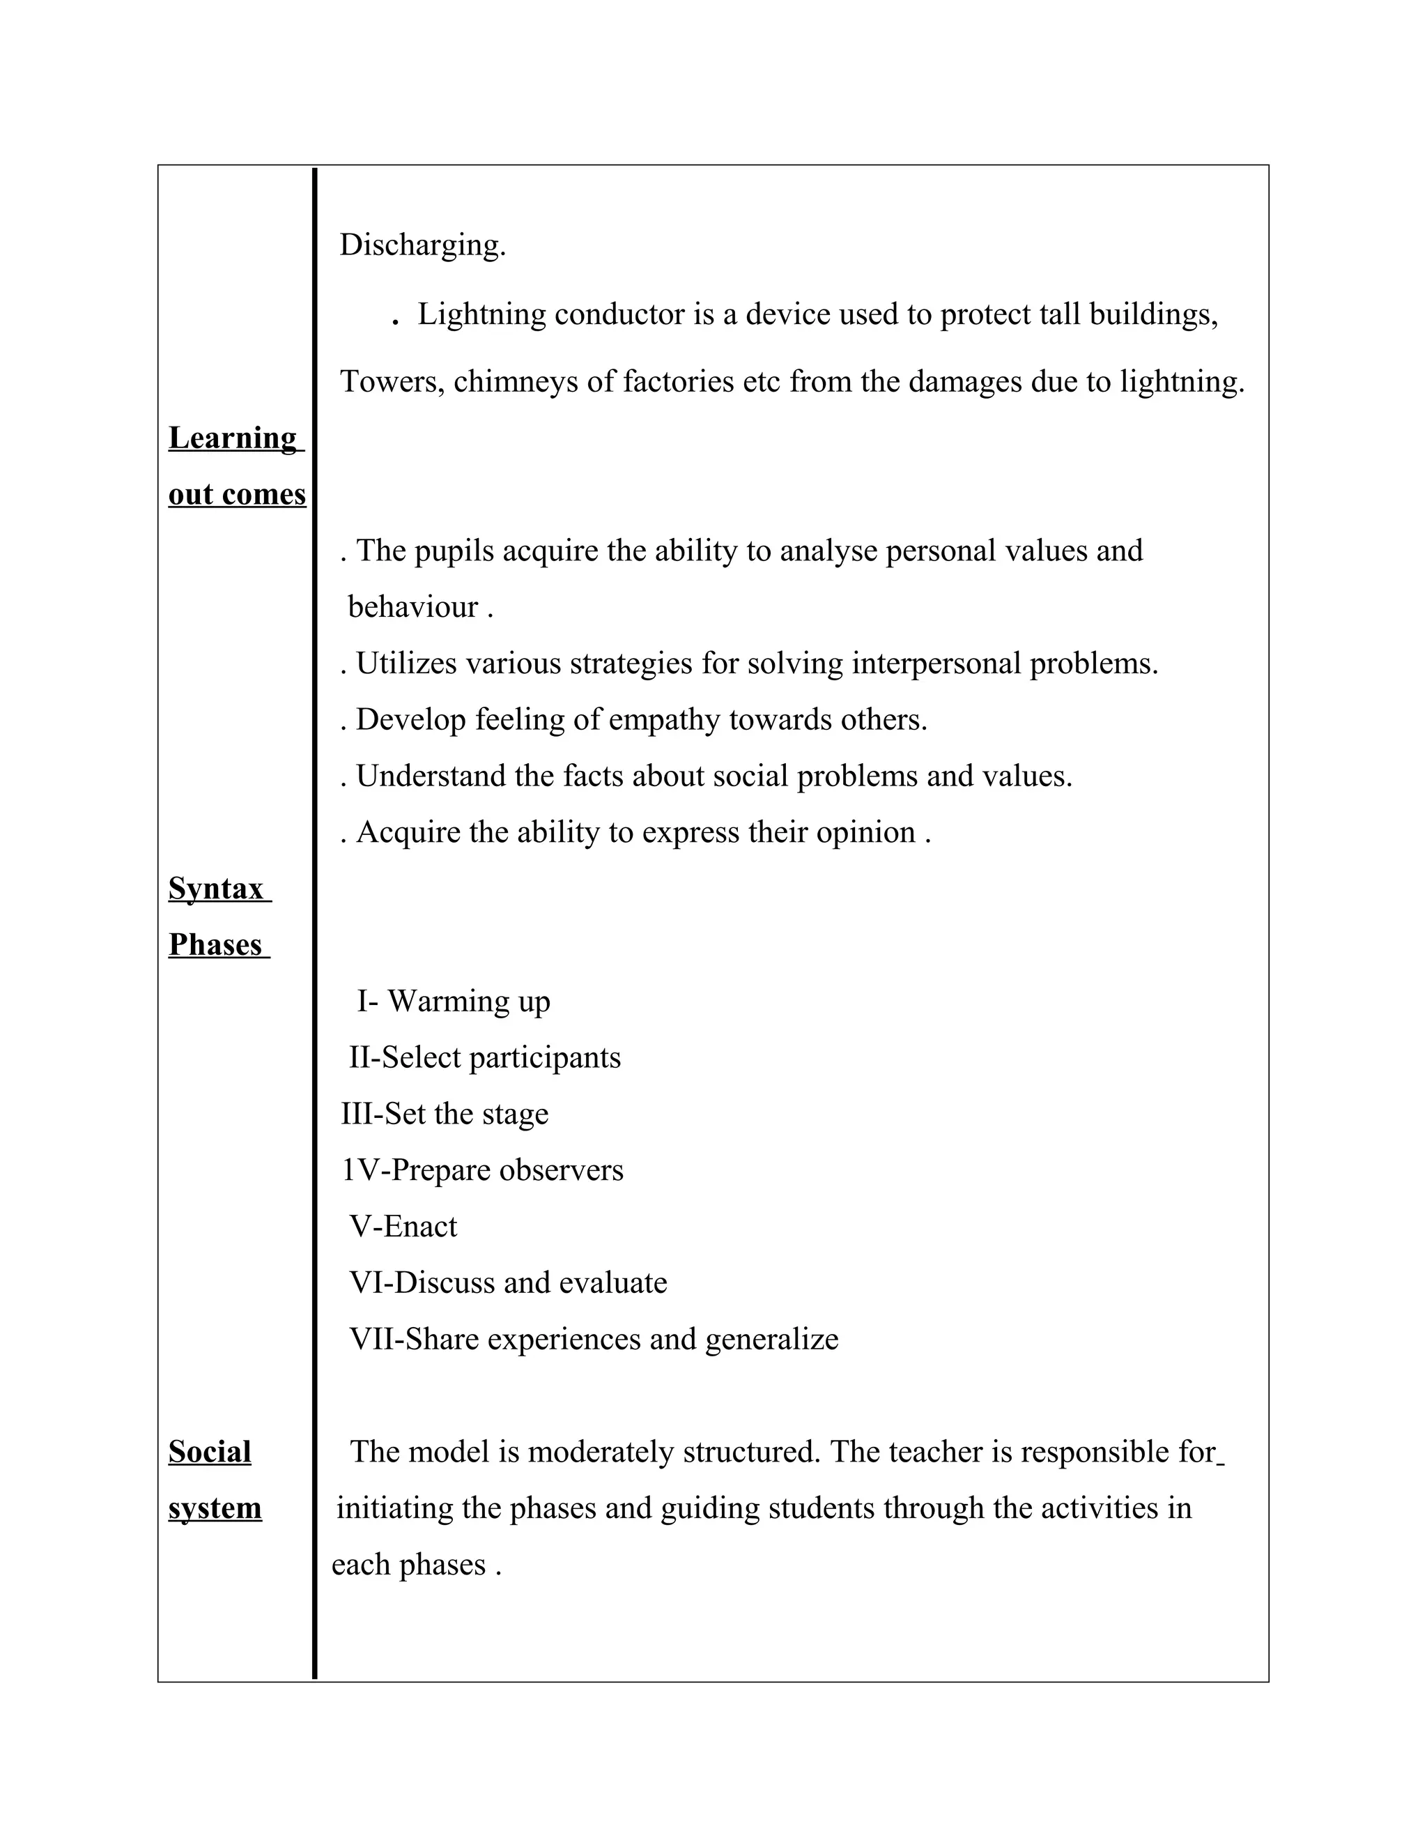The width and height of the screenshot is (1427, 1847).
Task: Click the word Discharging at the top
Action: [x=422, y=245]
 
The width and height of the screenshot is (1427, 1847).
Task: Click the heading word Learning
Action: [x=233, y=438]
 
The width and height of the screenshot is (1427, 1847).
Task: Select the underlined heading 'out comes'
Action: [x=237, y=494]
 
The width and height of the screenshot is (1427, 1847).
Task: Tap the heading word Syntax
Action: [x=217, y=889]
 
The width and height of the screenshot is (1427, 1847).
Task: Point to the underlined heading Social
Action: [x=210, y=1452]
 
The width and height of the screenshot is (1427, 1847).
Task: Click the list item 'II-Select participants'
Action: [x=484, y=1058]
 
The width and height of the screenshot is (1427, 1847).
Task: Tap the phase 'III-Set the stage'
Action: [x=444, y=1114]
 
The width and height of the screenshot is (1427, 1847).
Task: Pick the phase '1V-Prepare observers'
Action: [x=482, y=1170]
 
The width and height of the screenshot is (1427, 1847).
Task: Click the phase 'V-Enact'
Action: [x=403, y=1226]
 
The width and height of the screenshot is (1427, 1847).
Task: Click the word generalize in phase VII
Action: [x=771, y=1340]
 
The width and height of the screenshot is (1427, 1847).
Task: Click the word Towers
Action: [x=392, y=382]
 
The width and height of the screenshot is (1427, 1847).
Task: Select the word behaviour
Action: [x=412, y=607]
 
